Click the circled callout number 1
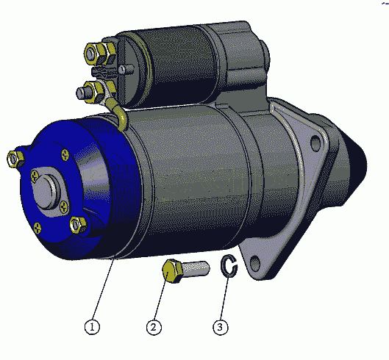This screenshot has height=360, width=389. (92, 327)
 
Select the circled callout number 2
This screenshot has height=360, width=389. (154, 327)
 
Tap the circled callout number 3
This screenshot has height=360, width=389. (221, 327)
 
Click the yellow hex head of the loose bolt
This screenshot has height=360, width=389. (172, 272)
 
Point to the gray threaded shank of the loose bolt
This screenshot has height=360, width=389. (196, 268)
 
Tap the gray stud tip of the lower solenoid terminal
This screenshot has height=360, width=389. (81, 93)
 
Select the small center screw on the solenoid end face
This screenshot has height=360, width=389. (122, 69)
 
